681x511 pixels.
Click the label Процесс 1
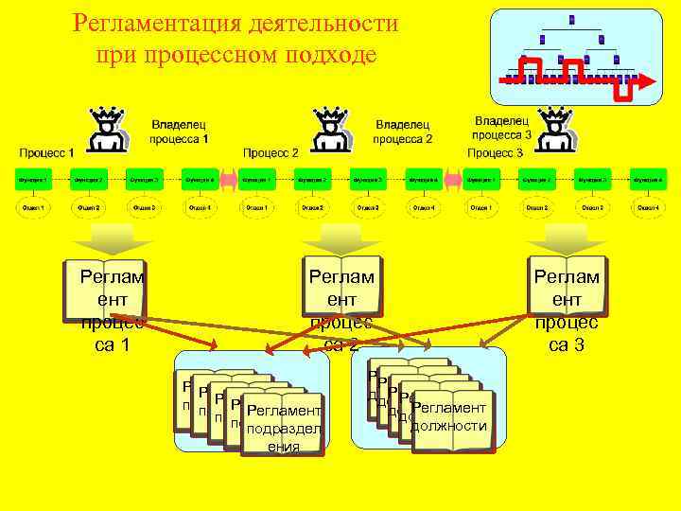(x=47, y=152)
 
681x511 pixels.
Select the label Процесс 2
(x=271, y=152)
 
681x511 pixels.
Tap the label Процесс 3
(x=495, y=152)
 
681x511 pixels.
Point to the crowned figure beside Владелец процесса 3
(x=554, y=128)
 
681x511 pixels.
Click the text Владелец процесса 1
(x=179, y=132)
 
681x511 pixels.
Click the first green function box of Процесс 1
(x=33, y=178)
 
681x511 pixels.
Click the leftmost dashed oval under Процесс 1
(x=33, y=207)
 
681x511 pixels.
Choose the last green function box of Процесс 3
(x=648, y=178)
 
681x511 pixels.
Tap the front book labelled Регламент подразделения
(x=283, y=421)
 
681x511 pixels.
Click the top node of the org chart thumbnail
(x=571, y=20)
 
